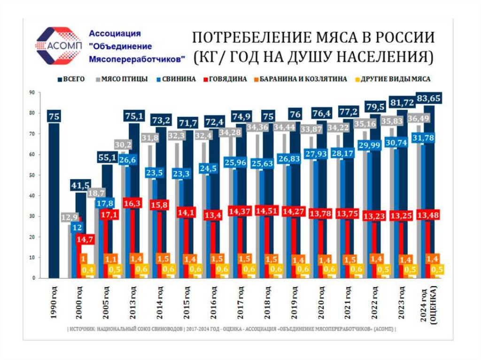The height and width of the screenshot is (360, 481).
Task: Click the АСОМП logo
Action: (x=58, y=46)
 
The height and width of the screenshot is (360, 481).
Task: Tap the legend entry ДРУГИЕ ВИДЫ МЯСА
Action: (x=402, y=79)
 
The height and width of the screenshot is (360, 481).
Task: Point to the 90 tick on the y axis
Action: (x=32, y=92)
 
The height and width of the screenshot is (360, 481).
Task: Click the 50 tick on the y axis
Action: (x=32, y=175)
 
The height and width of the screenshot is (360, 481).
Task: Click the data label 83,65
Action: (x=432, y=98)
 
